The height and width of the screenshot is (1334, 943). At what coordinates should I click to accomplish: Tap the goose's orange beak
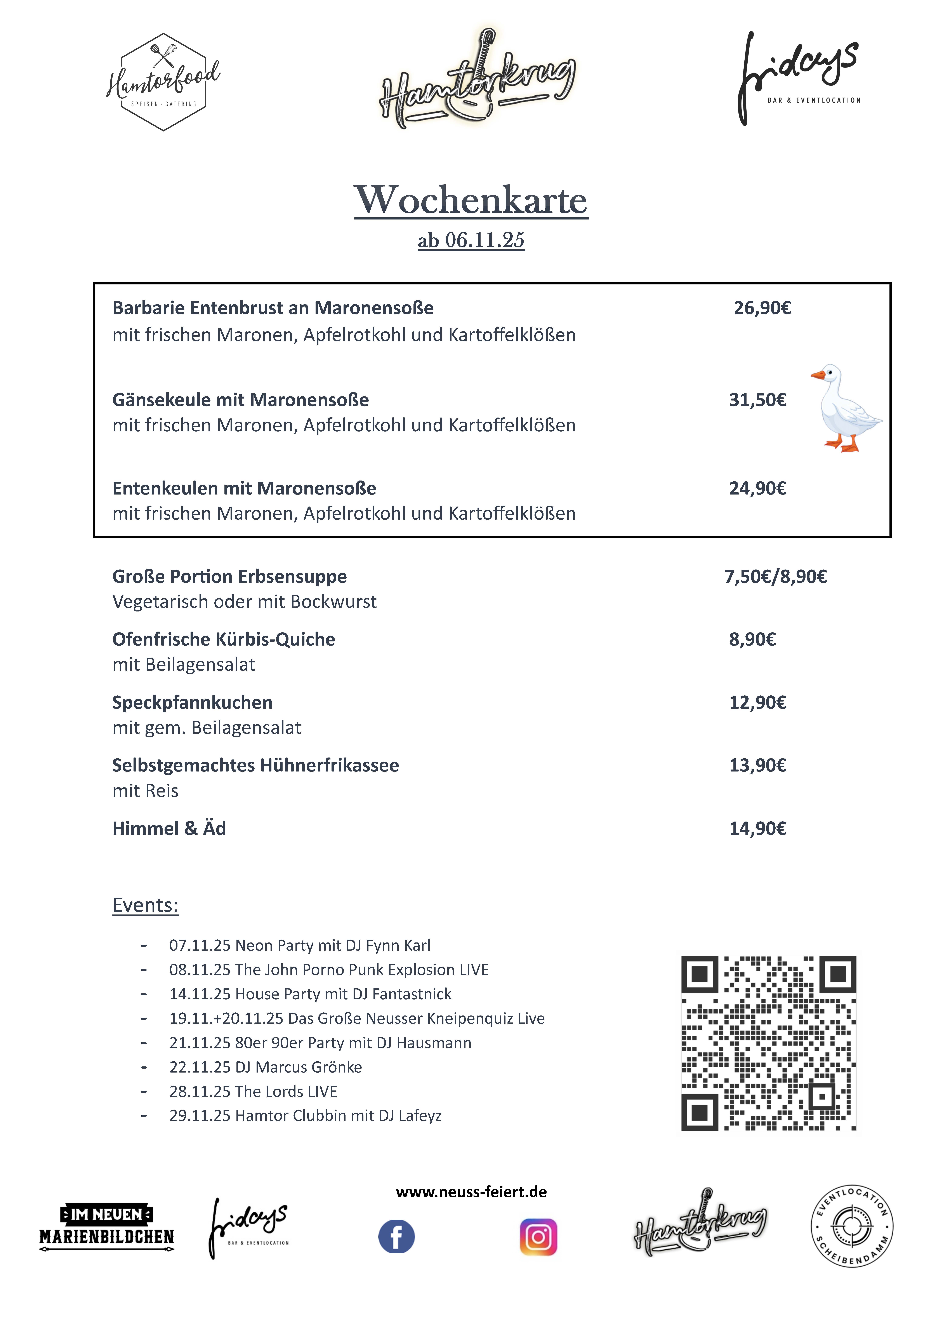[818, 375]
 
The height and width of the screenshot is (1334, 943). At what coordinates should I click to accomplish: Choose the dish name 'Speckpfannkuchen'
[192, 702]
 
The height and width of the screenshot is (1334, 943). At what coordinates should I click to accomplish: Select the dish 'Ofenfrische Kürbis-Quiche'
[224, 639]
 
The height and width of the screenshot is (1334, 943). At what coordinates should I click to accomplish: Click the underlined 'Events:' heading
[145, 905]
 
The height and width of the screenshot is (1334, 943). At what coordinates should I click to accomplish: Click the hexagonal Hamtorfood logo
[163, 82]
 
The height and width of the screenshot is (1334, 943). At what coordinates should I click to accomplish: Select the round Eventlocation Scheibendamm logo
[852, 1226]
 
